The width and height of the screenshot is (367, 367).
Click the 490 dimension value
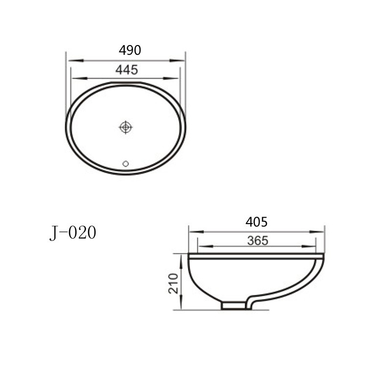(130, 50)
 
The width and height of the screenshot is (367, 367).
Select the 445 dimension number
(127, 70)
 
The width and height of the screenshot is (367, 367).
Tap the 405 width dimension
(256, 222)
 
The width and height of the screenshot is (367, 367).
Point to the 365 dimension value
(258, 241)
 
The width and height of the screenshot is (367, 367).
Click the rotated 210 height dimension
(173, 283)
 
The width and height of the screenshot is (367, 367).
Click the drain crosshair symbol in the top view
(126, 127)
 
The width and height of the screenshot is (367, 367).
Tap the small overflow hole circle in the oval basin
(126, 163)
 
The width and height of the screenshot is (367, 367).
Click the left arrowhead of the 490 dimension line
(76, 61)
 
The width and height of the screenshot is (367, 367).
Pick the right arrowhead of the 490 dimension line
(177, 61)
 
